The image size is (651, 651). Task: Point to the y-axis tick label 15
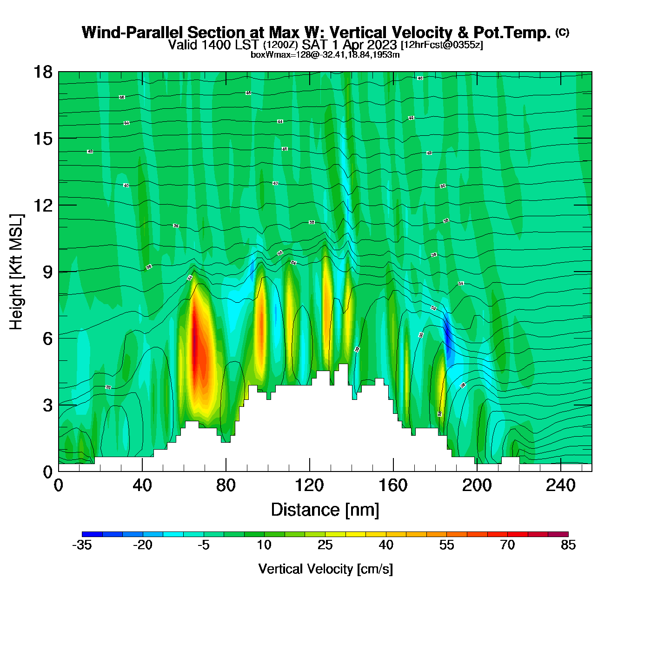point(42,139)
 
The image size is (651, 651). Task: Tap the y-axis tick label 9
point(47,272)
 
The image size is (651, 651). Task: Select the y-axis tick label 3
point(47,405)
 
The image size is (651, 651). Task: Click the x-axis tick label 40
point(142,485)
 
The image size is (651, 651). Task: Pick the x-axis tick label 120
point(309,485)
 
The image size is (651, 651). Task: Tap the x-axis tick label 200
point(477,485)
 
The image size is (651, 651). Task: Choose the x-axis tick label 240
point(560,485)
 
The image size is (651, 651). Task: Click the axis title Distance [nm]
point(325,510)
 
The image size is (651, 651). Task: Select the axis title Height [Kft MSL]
point(16,272)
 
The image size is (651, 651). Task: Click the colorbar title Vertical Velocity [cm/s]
point(325,569)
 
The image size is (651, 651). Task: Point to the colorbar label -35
point(82,545)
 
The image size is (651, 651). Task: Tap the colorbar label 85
point(568,545)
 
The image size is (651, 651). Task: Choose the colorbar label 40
point(386,545)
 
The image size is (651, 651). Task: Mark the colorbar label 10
point(264,545)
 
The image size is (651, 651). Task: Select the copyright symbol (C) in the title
point(562,32)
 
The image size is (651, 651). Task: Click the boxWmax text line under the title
point(325,55)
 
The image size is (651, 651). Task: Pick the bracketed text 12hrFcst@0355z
point(442,45)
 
